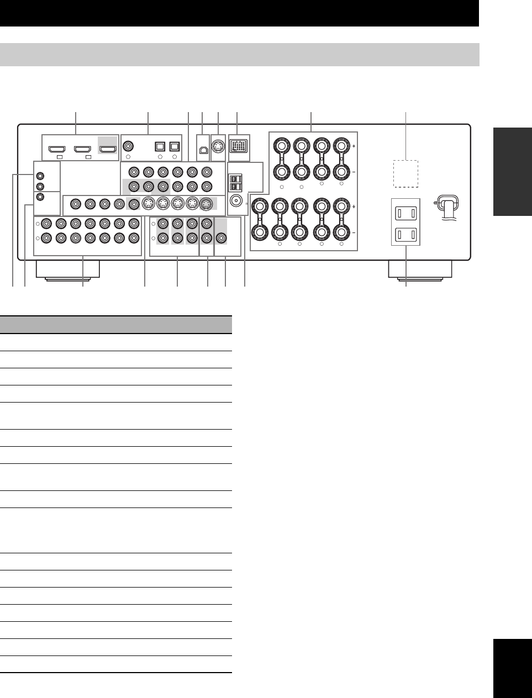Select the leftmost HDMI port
click(x=56, y=149)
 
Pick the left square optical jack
click(x=160, y=147)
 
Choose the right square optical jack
click(x=175, y=147)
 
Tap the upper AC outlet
click(x=406, y=213)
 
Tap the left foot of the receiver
click(x=68, y=269)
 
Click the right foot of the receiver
click(x=420, y=269)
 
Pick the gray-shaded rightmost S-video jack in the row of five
click(x=206, y=204)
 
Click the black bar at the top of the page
click(x=239, y=13)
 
